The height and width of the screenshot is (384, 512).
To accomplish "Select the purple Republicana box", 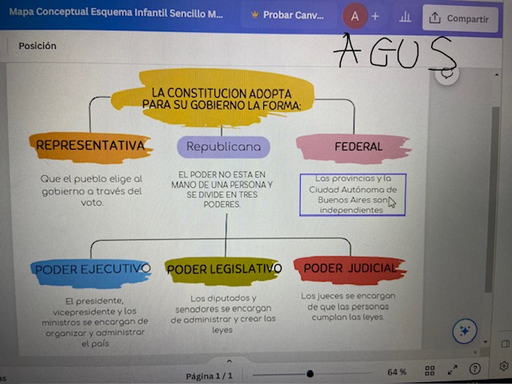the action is tap(223, 147).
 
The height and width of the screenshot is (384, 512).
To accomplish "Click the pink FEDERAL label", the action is tap(358, 146).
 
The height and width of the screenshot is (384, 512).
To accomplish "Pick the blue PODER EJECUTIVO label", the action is tap(91, 270).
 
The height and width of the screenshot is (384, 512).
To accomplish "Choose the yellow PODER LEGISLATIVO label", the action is tap(224, 270).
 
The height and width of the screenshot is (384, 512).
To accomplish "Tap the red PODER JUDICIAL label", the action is tap(350, 268).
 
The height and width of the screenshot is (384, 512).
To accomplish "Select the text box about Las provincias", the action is tap(352, 194).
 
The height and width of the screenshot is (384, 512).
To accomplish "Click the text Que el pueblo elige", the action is tap(91, 190).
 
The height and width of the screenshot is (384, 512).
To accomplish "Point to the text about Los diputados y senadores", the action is tap(223, 314).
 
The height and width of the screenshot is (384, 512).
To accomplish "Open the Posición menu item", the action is tap(38, 46).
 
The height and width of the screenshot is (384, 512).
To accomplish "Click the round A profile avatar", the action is tap(354, 17).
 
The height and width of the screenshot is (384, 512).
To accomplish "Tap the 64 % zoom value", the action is tap(397, 372).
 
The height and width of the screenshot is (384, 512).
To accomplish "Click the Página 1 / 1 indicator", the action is tap(209, 375).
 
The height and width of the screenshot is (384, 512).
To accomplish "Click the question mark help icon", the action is tap(475, 370).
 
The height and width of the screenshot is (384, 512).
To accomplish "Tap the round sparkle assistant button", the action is tap(465, 330).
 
